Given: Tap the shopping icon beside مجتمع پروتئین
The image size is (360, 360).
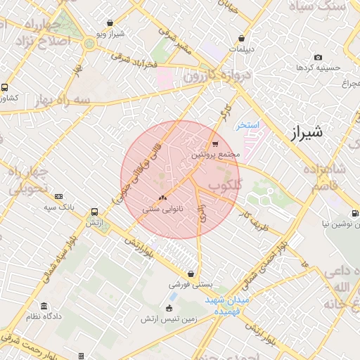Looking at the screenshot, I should click(x=214, y=145).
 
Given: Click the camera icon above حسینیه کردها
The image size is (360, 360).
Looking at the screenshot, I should click(x=318, y=58).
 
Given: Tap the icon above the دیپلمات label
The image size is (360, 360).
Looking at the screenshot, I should click(x=242, y=39).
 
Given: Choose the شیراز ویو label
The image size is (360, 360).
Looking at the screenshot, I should click(x=111, y=34).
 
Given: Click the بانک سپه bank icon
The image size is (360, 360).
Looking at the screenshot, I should click(x=58, y=197).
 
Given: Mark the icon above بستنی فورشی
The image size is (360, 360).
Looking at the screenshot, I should click(x=191, y=275).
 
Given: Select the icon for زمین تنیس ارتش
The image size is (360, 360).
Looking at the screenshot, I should click(x=169, y=308).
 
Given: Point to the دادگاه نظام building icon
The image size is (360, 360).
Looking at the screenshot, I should click(x=44, y=307).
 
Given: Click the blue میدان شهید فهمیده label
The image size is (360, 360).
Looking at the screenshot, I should click(x=228, y=304).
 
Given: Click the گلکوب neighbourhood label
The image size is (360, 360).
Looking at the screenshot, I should click(x=224, y=186).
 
